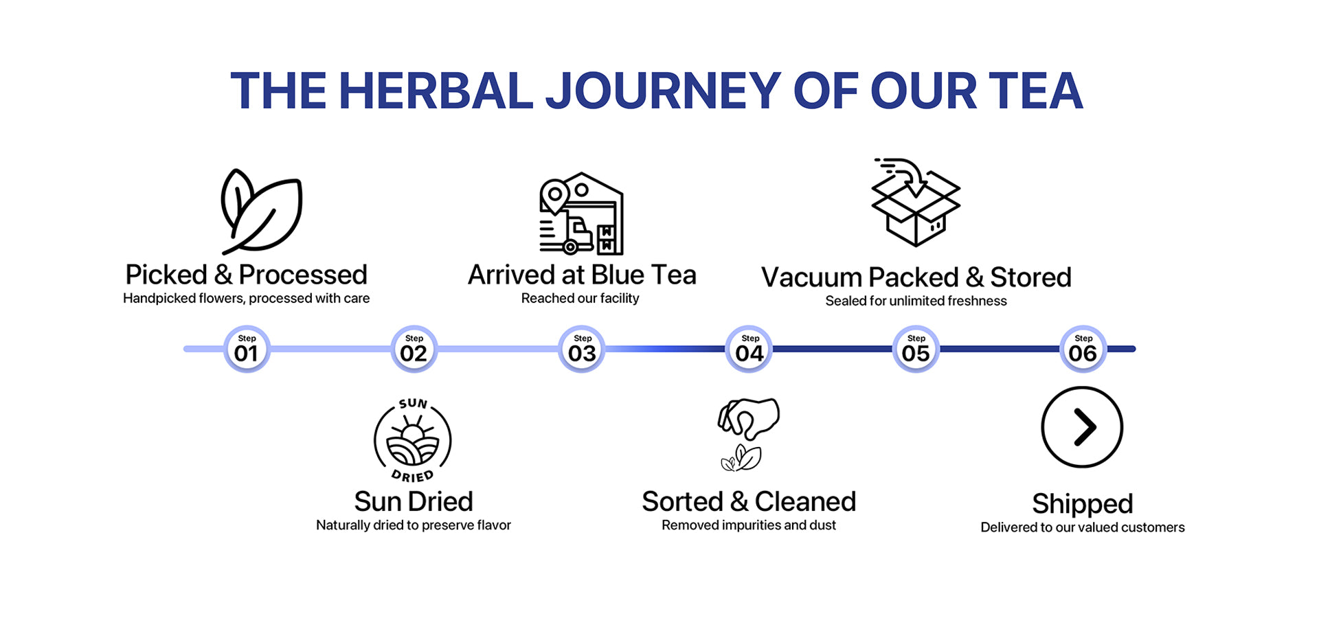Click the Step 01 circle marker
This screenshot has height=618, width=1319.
point(247,349)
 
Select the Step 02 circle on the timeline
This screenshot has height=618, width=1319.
point(414,349)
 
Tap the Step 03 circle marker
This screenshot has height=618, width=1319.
point(582,349)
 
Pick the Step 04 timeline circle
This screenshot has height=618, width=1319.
point(749,349)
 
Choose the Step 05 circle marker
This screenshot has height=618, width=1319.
point(916,349)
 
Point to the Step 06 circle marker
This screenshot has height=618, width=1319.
point(1083,349)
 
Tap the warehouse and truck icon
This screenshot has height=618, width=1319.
point(581,214)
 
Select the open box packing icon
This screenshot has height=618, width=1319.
point(915,203)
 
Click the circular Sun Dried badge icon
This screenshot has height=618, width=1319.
point(413,440)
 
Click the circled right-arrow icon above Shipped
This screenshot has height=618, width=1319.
point(1082,427)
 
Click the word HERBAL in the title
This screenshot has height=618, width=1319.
point(436,91)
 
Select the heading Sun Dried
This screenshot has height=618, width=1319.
point(414,502)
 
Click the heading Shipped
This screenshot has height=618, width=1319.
point(1082,504)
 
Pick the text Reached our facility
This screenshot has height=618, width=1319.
point(580,298)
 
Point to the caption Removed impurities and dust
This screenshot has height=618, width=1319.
point(749,525)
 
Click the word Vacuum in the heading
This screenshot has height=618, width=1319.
point(811,277)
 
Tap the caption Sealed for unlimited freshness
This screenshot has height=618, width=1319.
point(916,301)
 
